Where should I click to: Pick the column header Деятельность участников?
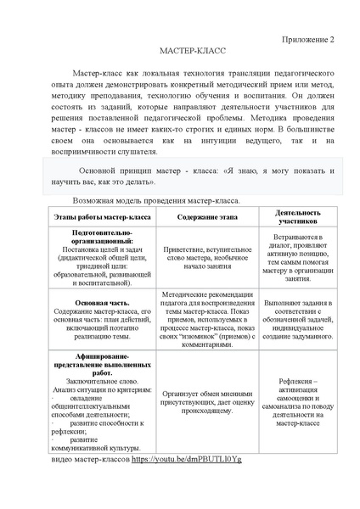coord(297,218)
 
